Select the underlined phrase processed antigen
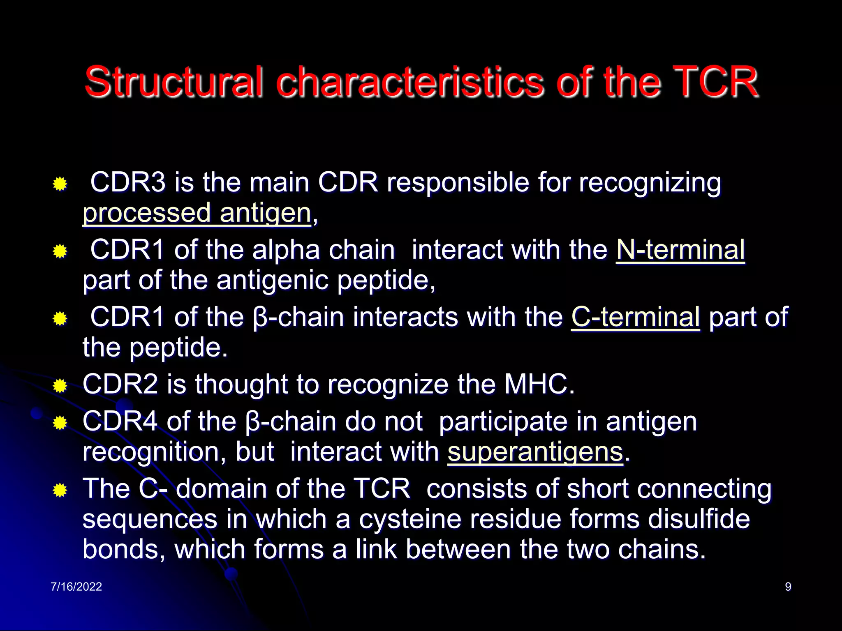coord(197,213)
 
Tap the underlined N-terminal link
coord(680,250)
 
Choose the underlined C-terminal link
coord(635,317)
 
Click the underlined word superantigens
coord(535,452)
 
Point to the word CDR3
coord(128,182)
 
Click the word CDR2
coord(120,385)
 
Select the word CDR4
coord(120,421)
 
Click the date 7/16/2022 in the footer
coord(76,587)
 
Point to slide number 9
coord(788,587)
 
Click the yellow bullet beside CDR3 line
coord(60,184)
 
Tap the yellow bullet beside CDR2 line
coord(60,386)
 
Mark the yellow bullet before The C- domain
coord(60,490)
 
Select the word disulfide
coord(699,519)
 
